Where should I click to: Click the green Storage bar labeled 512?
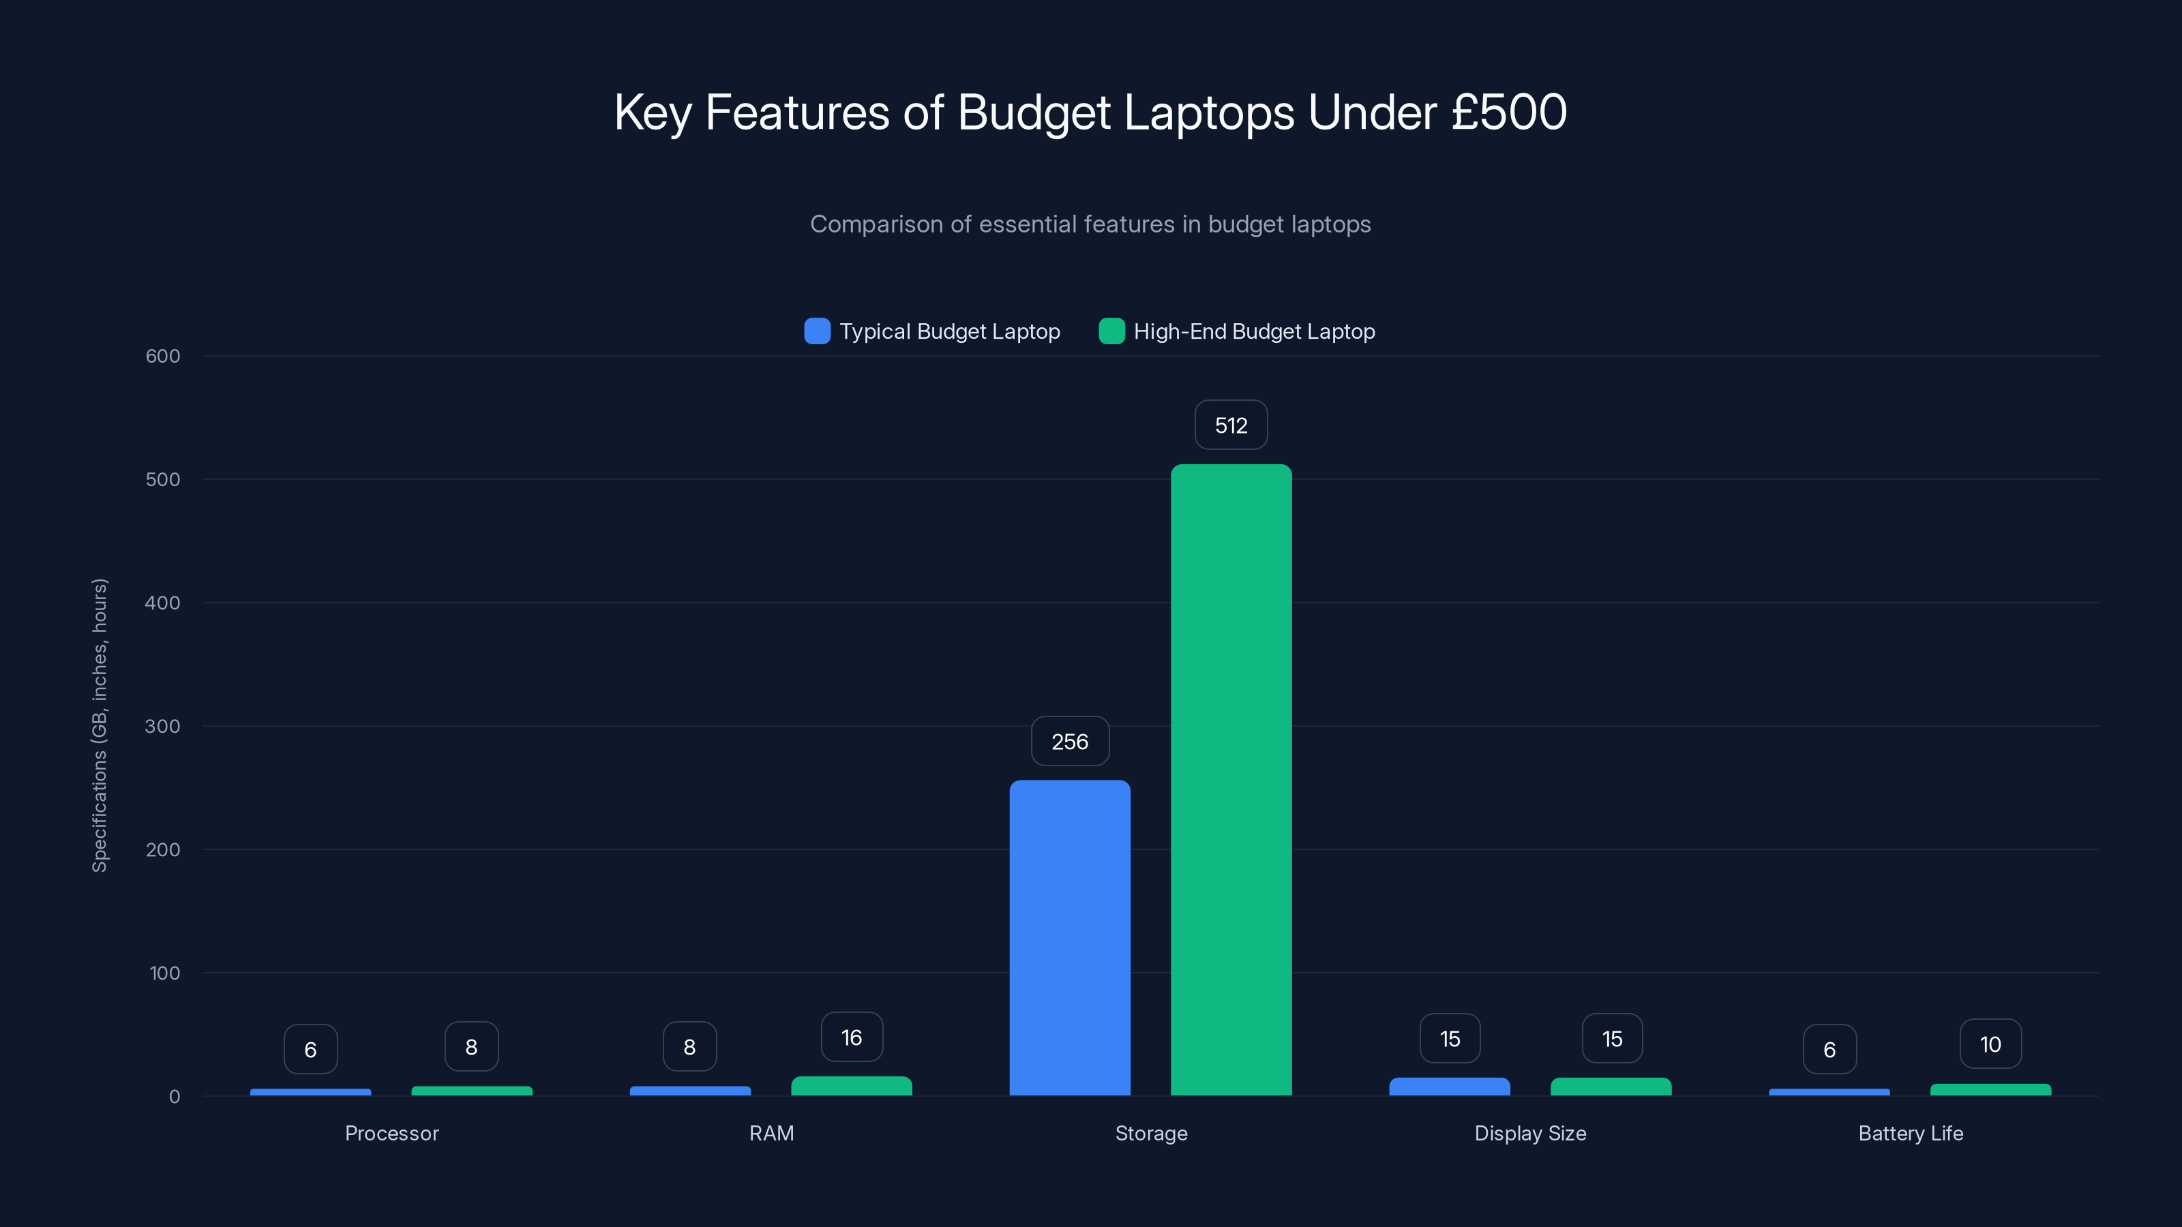[x=1231, y=779]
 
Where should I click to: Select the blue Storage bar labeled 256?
[x=1070, y=937]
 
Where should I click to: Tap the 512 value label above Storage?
[x=1231, y=425]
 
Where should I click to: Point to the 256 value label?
[x=1070, y=742]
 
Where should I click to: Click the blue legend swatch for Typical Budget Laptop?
[x=817, y=331]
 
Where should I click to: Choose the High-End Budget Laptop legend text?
[x=1254, y=331]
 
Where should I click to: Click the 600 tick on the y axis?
[x=163, y=357]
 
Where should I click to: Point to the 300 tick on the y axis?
[x=163, y=727]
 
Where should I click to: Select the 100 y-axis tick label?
[x=164, y=973]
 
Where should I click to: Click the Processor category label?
[x=391, y=1133]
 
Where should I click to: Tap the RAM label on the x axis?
[x=771, y=1133]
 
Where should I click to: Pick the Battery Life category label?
[x=1910, y=1133]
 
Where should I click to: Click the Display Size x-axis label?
[x=1529, y=1133]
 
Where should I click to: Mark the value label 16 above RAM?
[x=851, y=1037]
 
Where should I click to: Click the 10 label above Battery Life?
[x=1990, y=1044]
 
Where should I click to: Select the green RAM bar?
[x=851, y=1087]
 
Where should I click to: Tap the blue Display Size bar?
[x=1449, y=1087]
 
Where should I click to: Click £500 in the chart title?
[x=1508, y=112]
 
